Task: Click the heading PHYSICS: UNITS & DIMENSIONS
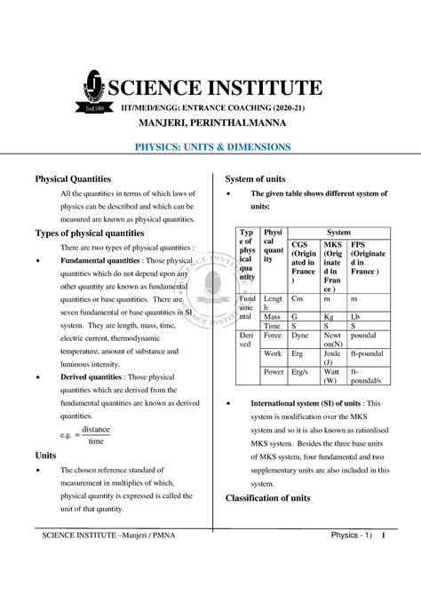point(210,146)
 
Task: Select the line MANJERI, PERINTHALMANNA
point(210,122)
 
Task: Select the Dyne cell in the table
point(303,337)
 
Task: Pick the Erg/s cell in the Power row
point(303,372)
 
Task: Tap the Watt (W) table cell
point(334,376)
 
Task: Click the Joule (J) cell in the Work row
point(334,358)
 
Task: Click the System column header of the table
point(338,233)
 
